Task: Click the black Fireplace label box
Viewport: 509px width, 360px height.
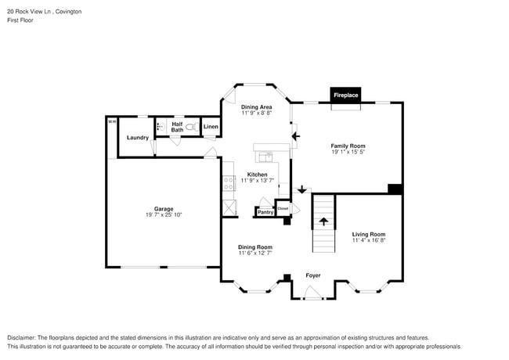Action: (x=345, y=95)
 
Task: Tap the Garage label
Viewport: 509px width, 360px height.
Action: (x=164, y=209)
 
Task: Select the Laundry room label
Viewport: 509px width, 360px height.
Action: (x=138, y=138)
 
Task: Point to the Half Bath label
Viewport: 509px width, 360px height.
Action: (x=177, y=126)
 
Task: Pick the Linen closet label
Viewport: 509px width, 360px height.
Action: (x=211, y=127)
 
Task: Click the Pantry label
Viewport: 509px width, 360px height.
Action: (x=265, y=212)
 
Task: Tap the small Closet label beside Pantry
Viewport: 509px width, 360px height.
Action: (x=283, y=209)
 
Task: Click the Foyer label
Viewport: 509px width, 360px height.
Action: (x=313, y=275)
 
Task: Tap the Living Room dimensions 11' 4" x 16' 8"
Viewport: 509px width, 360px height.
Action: (x=368, y=240)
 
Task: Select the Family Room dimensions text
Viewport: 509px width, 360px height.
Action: (x=348, y=153)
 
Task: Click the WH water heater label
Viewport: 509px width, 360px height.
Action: (x=111, y=121)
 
